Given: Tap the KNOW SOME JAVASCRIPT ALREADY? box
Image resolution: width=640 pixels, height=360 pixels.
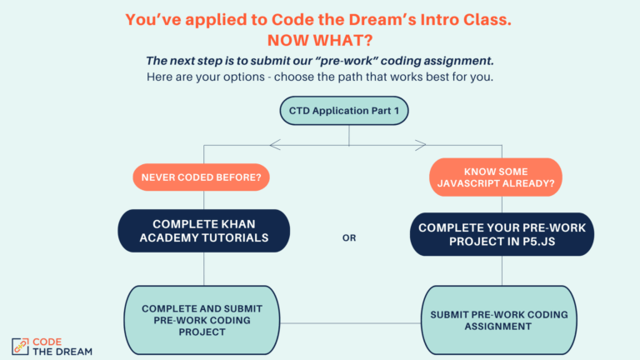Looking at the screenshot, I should [x=496, y=177].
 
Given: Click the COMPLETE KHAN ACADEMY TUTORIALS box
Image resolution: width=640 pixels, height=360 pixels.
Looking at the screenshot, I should [x=204, y=231].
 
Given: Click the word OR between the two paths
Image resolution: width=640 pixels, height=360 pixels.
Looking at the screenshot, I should [x=349, y=237].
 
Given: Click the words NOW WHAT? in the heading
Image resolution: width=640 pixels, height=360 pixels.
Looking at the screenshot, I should [x=319, y=39].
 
